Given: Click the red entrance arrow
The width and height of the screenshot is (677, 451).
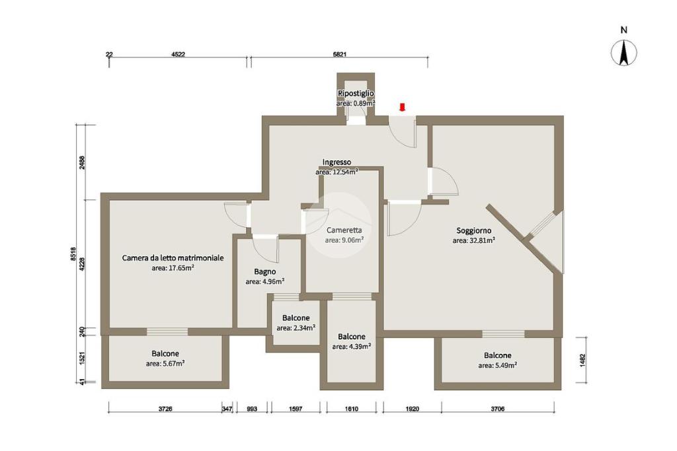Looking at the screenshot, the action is pyautogui.click(x=403, y=108).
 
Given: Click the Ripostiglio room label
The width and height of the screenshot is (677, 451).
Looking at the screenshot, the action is pyautogui.click(x=356, y=93).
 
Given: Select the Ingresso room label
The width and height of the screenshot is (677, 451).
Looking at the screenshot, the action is pyautogui.click(x=337, y=162).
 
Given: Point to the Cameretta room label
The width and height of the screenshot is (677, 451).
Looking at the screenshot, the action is pyautogui.click(x=344, y=230).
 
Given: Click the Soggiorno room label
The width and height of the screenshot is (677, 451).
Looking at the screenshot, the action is pyautogui.click(x=473, y=230).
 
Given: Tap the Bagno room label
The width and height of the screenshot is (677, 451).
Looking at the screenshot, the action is pyautogui.click(x=264, y=271).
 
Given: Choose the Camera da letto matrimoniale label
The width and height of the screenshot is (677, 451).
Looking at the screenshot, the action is pyautogui.click(x=173, y=258).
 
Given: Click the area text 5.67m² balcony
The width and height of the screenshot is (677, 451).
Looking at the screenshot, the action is pyautogui.click(x=165, y=363).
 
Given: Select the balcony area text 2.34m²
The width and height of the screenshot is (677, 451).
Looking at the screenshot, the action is pyautogui.click(x=296, y=328).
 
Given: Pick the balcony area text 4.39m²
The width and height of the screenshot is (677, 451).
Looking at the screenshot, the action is pyautogui.click(x=352, y=346).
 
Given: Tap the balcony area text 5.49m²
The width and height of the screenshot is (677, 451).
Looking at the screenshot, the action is pyautogui.click(x=498, y=365).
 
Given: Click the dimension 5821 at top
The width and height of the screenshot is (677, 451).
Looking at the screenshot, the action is pyautogui.click(x=340, y=54).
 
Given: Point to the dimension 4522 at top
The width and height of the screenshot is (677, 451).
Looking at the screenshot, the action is pyautogui.click(x=178, y=54).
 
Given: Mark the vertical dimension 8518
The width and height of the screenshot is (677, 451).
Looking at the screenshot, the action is pyautogui.click(x=73, y=254).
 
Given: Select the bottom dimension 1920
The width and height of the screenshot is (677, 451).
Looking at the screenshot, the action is pyautogui.click(x=413, y=409).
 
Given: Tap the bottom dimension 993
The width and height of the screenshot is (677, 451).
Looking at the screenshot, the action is pyautogui.click(x=252, y=409).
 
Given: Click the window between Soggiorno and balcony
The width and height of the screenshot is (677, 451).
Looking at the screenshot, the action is pyautogui.click(x=503, y=333).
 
